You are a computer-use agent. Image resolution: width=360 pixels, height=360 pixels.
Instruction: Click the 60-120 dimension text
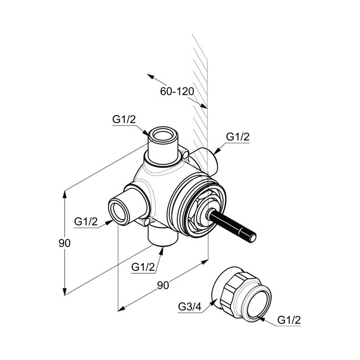pyautogui.click(x=177, y=91)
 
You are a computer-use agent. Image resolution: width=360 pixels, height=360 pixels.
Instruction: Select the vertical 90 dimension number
pyautogui.click(x=64, y=243)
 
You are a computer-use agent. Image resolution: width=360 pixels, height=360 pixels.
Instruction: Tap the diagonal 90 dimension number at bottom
pyautogui.click(x=163, y=285)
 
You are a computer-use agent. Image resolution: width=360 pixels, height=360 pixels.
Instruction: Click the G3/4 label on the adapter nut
pyautogui.click(x=189, y=306)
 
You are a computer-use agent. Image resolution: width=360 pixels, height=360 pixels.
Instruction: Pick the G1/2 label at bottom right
pyautogui.click(x=289, y=320)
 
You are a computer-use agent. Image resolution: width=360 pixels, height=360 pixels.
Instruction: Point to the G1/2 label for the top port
pyautogui.click(x=124, y=120)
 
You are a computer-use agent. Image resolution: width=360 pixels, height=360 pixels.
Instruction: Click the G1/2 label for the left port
pyautogui.click(x=86, y=221)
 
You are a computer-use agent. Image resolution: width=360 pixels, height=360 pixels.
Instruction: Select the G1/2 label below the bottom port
pyautogui.click(x=143, y=267)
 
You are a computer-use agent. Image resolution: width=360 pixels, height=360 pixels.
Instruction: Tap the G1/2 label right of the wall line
pyautogui.click(x=238, y=137)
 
